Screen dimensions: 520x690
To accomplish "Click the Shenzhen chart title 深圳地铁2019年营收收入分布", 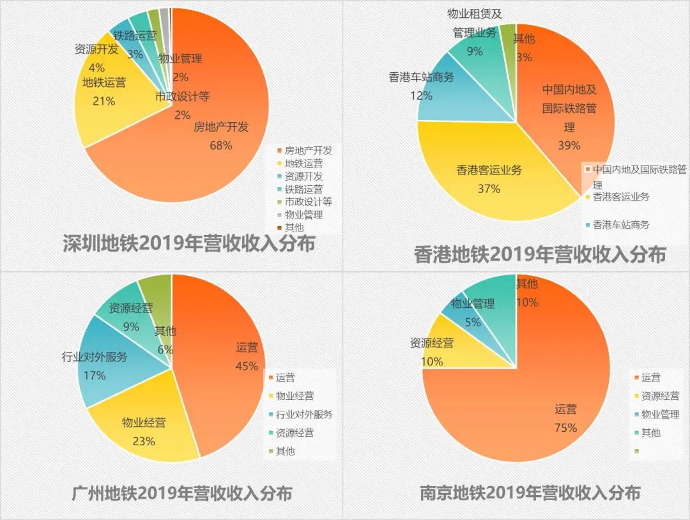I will pos(189,243).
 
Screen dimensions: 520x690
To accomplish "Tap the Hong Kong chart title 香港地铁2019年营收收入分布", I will pos(540,254).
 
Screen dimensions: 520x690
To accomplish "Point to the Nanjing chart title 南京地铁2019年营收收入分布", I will pos(530,493).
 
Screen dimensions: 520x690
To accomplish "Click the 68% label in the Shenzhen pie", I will pos(221,145).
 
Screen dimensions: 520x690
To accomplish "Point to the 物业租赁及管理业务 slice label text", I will pos(474,23).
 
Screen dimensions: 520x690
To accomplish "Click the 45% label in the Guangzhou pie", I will pos(247,366).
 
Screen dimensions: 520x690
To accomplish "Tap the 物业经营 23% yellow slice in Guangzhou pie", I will pos(144,431).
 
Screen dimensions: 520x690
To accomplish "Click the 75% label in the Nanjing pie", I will pos(565,427).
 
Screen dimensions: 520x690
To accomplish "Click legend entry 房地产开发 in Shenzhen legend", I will pos(308,151).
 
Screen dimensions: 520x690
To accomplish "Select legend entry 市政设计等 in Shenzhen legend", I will pos(308,202).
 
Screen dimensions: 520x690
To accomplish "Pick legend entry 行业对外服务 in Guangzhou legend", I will pos(304,414).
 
